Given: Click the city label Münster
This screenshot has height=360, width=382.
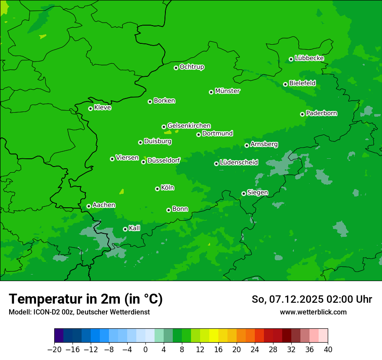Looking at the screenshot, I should pos(227,91).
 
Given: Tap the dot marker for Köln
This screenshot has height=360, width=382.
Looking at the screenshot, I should pos(157,189).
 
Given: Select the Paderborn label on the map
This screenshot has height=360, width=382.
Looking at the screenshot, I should pos(321,113).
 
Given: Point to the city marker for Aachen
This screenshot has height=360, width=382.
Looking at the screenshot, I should pos(89,206).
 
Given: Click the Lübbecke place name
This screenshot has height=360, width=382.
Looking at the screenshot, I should pos(309,58).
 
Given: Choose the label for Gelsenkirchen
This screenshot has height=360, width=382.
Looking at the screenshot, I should pos(189,126).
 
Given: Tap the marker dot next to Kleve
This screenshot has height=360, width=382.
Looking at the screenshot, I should pos(90,108).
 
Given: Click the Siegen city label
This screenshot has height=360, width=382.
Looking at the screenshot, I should pos(257,193).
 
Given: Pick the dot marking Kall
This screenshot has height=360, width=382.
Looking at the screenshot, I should pos(125,229).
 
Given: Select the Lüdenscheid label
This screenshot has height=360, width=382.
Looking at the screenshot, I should pos(239,163).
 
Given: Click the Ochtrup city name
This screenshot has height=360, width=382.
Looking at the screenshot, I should pos(191,67).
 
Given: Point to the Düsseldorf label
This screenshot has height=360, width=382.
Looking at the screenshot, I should pos(164,160).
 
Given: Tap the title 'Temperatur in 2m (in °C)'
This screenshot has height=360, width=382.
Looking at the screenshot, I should pos(86,299).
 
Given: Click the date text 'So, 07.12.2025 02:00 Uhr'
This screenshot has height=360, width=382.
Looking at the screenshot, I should pos(312,299).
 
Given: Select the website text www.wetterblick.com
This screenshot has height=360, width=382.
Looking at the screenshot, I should pos(313,312).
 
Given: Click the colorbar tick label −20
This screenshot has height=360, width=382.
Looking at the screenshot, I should pos(54,350).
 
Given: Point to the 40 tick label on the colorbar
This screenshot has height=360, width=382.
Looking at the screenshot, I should pos(328,350).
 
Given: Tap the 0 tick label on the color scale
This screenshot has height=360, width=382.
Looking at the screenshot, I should pos(145,350).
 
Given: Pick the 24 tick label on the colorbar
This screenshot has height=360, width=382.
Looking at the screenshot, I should pos(255,350).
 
